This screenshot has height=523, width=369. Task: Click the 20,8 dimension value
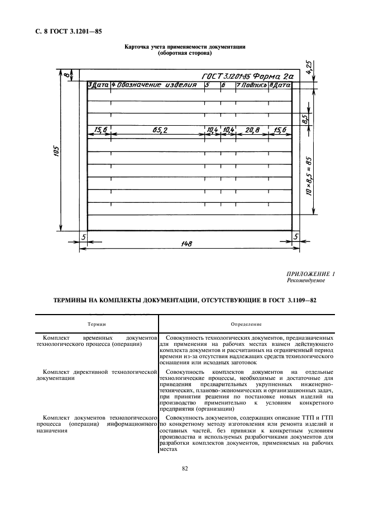(x=252, y=130)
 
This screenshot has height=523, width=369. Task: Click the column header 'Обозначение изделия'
(x=158, y=85)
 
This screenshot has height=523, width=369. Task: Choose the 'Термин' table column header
(x=97, y=324)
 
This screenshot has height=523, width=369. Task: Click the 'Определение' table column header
(x=247, y=324)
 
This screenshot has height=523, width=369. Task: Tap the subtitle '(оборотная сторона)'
(x=185, y=53)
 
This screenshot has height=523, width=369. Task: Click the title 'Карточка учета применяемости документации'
(x=185, y=47)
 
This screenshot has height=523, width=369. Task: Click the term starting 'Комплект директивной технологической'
(x=98, y=370)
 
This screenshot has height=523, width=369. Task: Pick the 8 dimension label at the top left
(x=66, y=74)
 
